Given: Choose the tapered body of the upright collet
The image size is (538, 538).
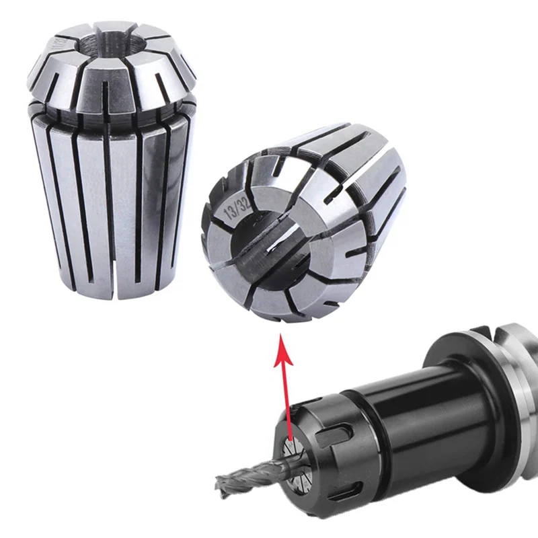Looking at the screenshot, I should [111, 202].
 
